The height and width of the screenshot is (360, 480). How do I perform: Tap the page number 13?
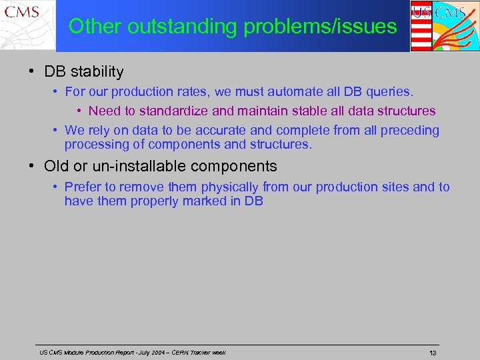(433, 353)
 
